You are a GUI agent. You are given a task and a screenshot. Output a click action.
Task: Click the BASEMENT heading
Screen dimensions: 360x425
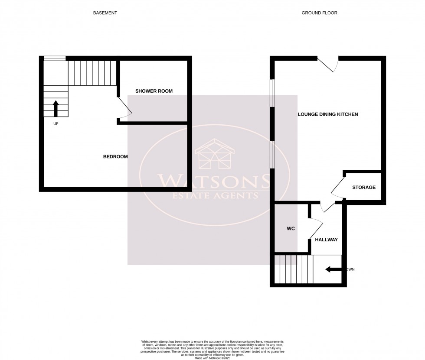point(105,13)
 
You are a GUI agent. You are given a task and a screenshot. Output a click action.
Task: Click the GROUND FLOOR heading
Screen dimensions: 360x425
point(319,13)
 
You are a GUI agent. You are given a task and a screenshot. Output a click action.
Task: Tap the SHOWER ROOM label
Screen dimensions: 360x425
point(154,91)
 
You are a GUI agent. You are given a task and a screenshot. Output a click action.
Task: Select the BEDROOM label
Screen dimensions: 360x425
point(115,156)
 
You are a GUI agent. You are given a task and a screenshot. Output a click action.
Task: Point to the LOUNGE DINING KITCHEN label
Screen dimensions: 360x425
point(327,114)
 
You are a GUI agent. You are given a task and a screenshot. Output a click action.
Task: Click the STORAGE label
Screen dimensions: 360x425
point(363,187)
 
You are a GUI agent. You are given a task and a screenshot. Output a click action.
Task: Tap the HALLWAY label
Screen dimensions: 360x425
point(326,240)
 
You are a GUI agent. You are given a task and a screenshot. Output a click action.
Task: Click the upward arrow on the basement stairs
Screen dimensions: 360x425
point(56,108)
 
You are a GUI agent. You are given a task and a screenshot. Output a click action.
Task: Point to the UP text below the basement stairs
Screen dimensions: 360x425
point(56,124)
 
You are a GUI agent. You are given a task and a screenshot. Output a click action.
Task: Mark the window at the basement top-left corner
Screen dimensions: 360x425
point(54,58)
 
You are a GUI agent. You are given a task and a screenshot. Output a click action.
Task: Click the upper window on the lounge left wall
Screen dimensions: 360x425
point(272,92)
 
